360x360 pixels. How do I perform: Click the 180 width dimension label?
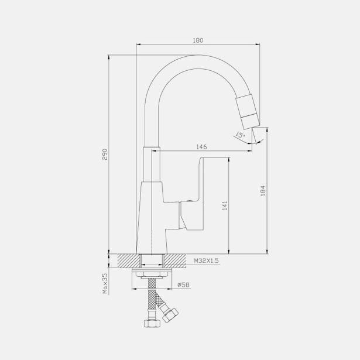point(198,40)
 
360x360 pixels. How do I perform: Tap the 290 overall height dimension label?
point(105,155)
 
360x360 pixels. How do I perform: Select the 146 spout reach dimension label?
point(201,147)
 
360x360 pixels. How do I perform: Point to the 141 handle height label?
point(225,205)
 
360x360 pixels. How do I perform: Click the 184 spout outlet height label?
point(263,191)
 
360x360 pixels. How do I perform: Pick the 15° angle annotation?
point(240,135)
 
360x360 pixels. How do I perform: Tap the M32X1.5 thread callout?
point(207,261)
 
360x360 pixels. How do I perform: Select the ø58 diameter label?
point(183,284)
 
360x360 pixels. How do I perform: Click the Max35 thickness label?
point(105,283)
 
